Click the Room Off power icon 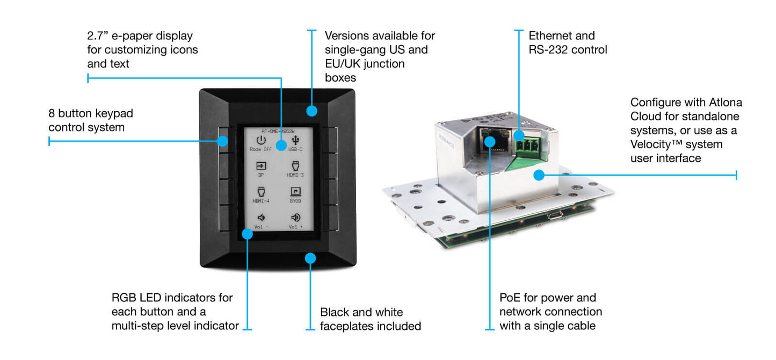260,141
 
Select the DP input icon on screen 261,166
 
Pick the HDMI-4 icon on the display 261,192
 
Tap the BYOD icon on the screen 295,191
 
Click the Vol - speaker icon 261,218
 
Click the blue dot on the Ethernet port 490,141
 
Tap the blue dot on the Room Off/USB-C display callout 281,145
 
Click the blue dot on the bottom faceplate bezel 310,258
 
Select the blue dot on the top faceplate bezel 311,111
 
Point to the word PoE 510,298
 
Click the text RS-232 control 568,50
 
